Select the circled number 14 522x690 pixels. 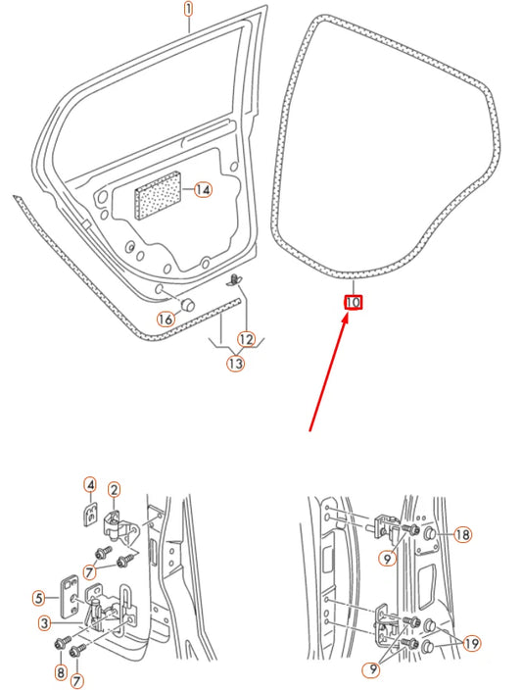point(202,190)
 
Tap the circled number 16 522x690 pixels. point(166,319)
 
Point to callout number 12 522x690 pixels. point(246,339)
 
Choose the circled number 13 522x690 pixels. point(235,364)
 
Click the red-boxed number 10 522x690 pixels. point(354,303)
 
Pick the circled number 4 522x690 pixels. point(89,485)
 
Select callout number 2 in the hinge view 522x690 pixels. point(114,490)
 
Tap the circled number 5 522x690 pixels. point(39,597)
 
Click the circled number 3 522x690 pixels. point(44,623)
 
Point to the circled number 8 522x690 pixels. point(61,673)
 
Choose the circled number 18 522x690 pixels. point(462,534)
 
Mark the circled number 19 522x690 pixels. point(471,644)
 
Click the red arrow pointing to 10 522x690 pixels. point(328,371)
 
